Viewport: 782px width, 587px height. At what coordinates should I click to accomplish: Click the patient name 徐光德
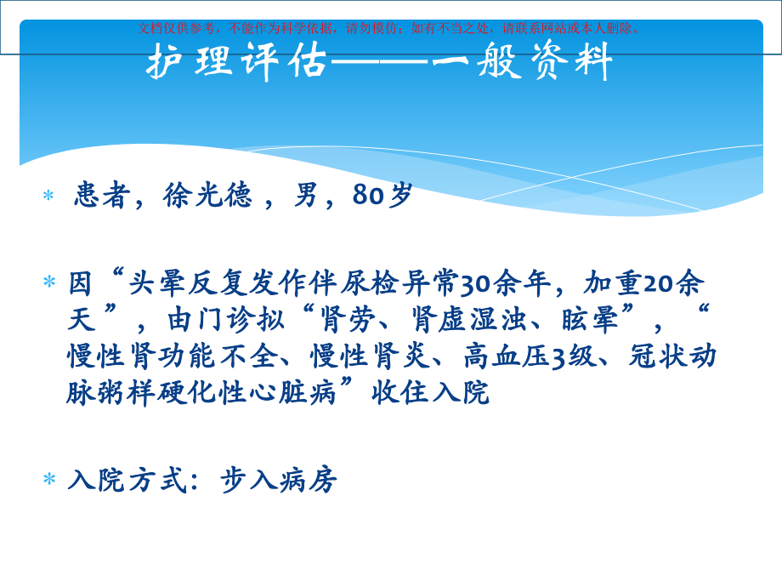pos(207,197)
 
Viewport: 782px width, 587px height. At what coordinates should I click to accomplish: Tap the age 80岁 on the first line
pos(382,197)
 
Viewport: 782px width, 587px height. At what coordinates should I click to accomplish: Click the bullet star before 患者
pos(48,197)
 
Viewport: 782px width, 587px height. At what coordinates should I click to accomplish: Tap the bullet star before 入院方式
pos(48,481)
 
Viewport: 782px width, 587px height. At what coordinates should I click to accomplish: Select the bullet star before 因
pos(48,282)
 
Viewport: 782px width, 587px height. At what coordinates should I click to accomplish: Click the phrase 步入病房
pos(278,481)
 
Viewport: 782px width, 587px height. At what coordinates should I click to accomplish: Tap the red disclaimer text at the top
pos(390,28)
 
